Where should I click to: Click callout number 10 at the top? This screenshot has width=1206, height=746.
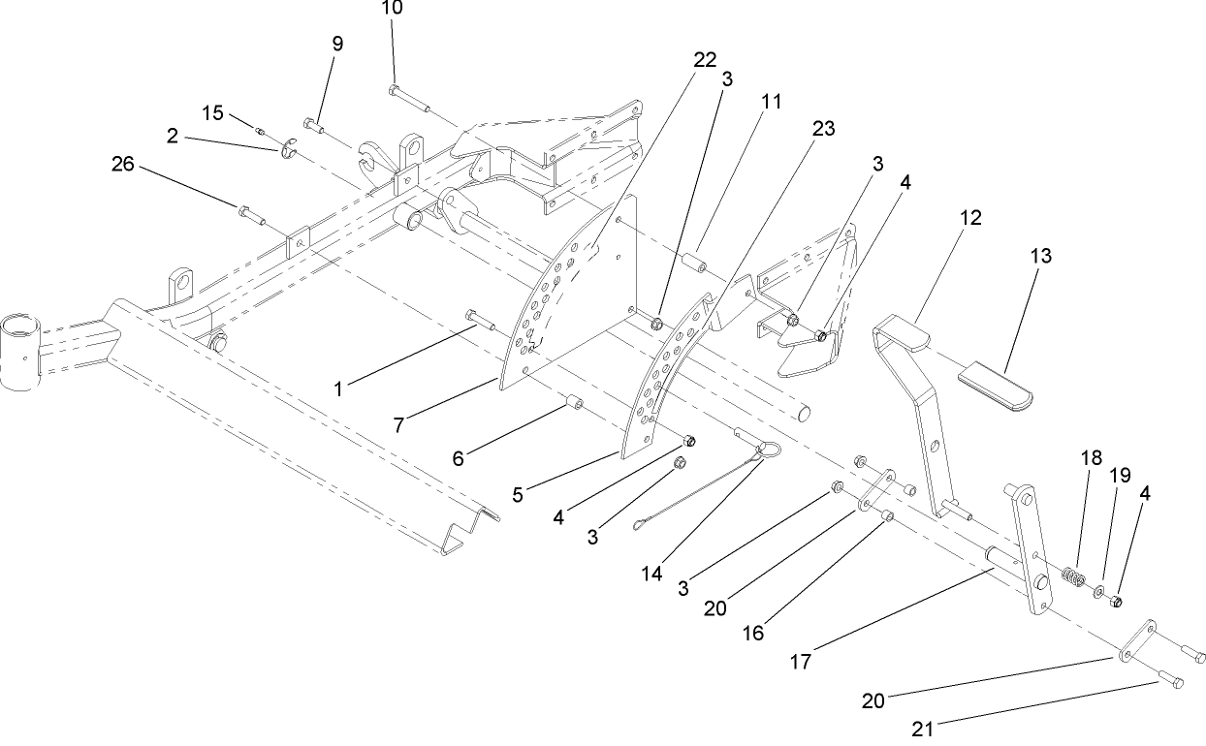click(x=392, y=9)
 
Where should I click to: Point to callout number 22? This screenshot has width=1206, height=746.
click(x=705, y=60)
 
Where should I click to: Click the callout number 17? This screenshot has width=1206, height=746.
click(x=800, y=663)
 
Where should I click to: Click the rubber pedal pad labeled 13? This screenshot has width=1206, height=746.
click(x=996, y=386)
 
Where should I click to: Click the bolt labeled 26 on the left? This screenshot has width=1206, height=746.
click(x=250, y=213)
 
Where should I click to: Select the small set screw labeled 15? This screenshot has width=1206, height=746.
click(x=261, y=129)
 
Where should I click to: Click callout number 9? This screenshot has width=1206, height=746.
click(x=337, y=45)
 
